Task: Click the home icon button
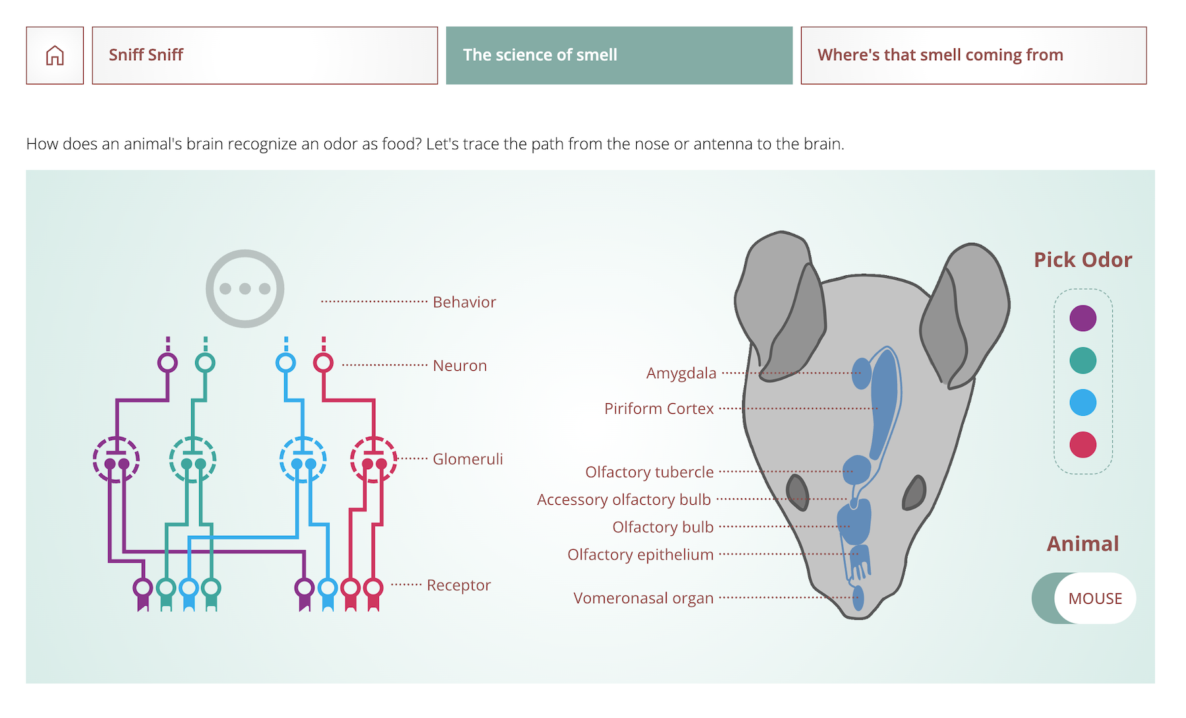click(x=55, y=55)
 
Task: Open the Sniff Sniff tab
click(x=264, y=55)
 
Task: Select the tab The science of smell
click(x=619, y=55)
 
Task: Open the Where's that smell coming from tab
click(x=973, y=55)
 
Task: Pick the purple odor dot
click(x=1082, y=318)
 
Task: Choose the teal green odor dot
click(x=1082, y=360)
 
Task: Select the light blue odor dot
click(x=1082, y=403)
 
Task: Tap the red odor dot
click(x=1082, y=445)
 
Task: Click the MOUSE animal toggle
click(x=1084, y=598)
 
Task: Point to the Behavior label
click(x=464, y=302)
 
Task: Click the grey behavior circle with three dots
click(x=245, y=288)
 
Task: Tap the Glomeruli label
click(x=467, y=459)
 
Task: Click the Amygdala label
click(x=681, y=374)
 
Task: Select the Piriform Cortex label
click(x=659, y=409)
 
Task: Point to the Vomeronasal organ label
click(x=643, y=599)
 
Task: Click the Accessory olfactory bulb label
click(x=624, y=500)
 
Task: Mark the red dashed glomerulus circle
click(x=373, y=459)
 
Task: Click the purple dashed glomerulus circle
click(x=116, y=459)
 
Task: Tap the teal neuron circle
click(x=205, y=362)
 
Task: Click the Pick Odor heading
click(x=1082, y=260)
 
